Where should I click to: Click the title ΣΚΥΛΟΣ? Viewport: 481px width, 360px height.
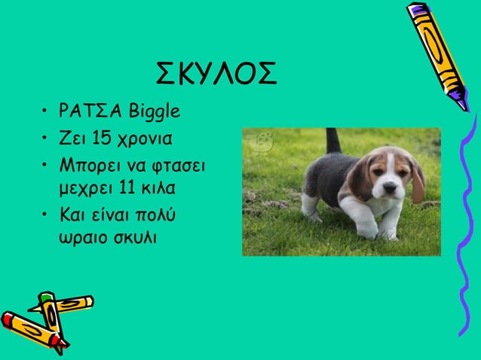(216, 73)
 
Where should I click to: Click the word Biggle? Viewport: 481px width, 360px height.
(155, 113)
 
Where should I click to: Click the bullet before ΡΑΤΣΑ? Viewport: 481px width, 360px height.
(46, 114)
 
